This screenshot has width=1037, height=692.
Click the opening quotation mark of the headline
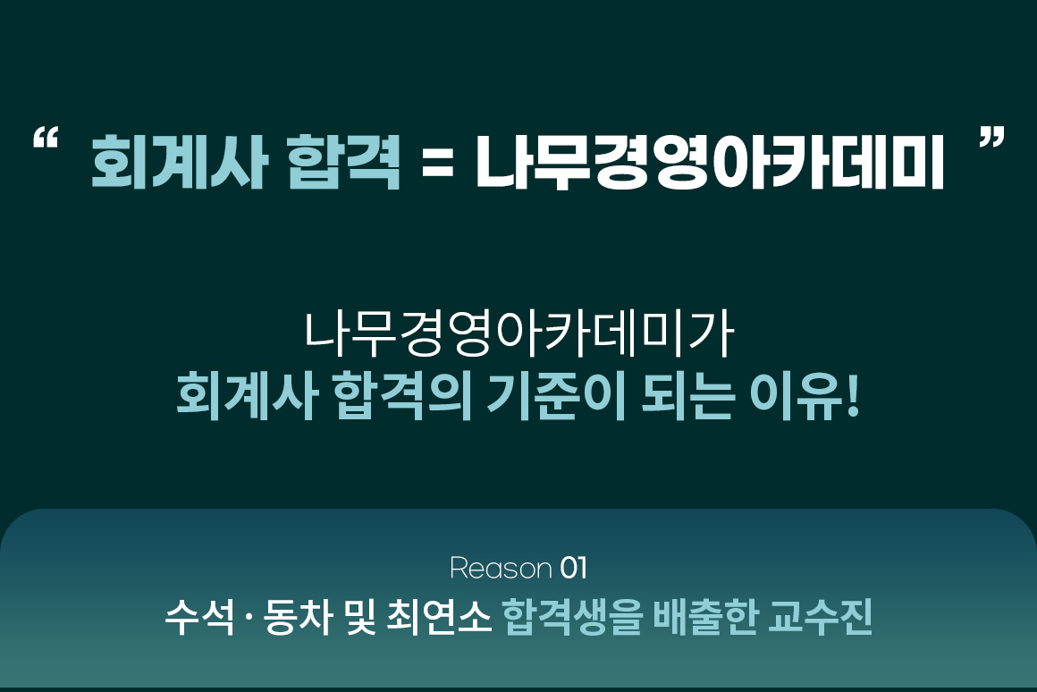pyautogui.click(x=45, y=138)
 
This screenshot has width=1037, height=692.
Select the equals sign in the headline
pyautogui.click(x=438, y=164)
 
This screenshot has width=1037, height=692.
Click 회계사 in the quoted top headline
pyautogui.click(x=179, y=162)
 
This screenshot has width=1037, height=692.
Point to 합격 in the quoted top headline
pyautogui.click(x=344, y=162)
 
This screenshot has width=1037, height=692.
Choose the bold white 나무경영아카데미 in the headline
pyautogui.click(x=710, y=162)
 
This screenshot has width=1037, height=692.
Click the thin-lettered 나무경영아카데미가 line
pyautogui.click(x=518, y=334)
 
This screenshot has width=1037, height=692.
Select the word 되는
pyautogui.click(x=687, y=397)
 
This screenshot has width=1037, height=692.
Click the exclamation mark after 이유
pyautogui.click(x=852, y=396)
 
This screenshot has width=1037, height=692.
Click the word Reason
pyautogui.click(x=501, y=569)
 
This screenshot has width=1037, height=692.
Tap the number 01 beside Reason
pyautogui.click(x=573, y=569)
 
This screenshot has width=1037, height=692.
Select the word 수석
pyautogui.click(x=199, y=617)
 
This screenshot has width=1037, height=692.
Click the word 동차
pyautogui.click(x=297, y=617)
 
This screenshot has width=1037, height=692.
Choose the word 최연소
pyautogui.click(x=438, y=617)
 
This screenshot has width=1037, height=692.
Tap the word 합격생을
pyautogui.click(x=573, y=617)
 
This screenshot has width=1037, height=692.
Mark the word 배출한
pyautogui.click(x=705, y=617)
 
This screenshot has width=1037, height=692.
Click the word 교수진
pyautogui.click(x=820, y=617)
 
